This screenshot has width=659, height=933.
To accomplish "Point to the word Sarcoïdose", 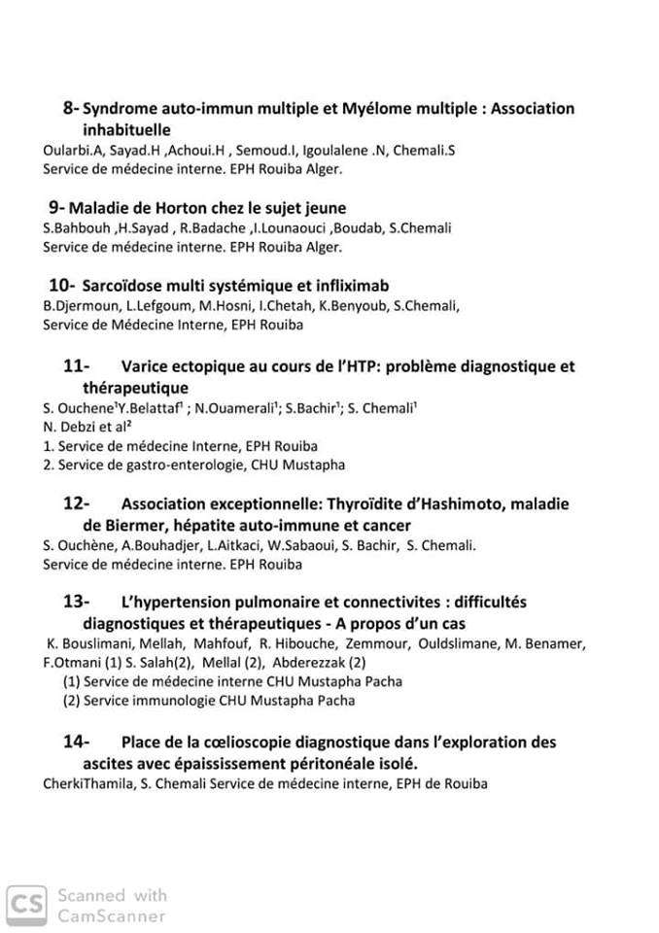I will [x=124, y=286].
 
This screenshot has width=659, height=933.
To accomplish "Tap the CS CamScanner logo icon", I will [x=27, y=905].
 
